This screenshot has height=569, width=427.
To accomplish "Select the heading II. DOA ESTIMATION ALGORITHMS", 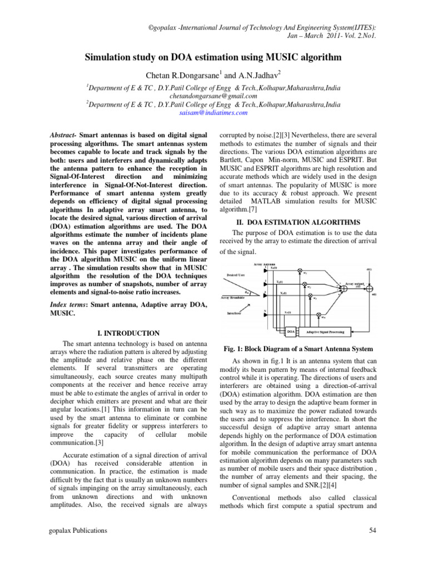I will click(x=295, y=222).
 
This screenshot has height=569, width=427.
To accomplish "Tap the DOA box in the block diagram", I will click(x=290, y=333).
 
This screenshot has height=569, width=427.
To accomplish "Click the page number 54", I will click(x=374, y=532).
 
